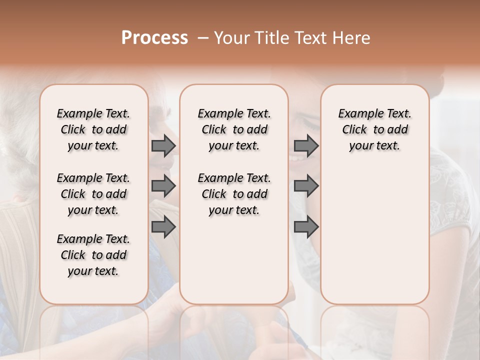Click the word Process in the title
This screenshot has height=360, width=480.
click(154, 38)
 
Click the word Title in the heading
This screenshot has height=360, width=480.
click(271, 38)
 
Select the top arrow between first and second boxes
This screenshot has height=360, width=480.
click(163, 146)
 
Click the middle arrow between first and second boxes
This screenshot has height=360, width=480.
click(163, 186)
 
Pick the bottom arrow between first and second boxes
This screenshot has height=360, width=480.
click(163, 227)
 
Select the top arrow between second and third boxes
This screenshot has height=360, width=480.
click(306, 146)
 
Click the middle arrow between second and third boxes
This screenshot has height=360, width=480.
click(306, 186)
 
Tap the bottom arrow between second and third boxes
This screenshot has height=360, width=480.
click(306, 227)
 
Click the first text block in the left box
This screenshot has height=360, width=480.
click(93, 129)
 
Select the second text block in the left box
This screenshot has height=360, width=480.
click(93, 194)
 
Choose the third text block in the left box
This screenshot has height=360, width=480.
click(93, 255)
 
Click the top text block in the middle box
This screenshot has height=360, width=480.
click(234, 129)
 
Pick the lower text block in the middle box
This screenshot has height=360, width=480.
click(234, 194)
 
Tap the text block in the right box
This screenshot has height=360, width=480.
click(374, 129)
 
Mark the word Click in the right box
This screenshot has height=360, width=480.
click(354, 130)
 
